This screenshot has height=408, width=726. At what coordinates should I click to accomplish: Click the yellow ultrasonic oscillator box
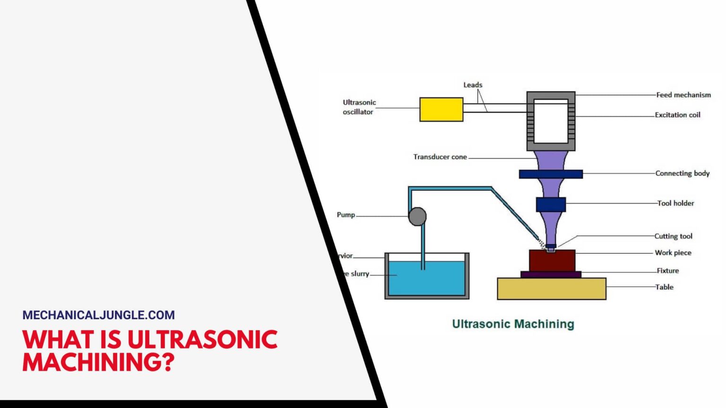point(441,110)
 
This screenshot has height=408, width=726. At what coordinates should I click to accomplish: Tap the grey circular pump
point(417,217)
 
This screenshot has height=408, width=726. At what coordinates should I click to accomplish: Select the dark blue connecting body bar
point(551,174)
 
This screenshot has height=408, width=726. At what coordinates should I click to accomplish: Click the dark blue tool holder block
point(551,204)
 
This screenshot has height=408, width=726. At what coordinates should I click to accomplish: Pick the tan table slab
point(551,289)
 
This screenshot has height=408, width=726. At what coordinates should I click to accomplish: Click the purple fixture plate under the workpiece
point(551,274)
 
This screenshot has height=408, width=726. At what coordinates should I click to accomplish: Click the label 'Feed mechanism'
point(683,95)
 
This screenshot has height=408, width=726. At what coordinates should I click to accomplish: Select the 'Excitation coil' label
point(677,115)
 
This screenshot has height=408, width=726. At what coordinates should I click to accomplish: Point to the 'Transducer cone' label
point(440,157)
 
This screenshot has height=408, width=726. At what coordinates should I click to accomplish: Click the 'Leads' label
point(473,85)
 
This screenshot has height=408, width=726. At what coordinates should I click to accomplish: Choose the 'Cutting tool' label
point(673,236)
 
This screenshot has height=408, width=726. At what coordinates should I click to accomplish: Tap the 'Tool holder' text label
point(675,203)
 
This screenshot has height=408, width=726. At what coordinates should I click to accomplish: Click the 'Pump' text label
point(346,215)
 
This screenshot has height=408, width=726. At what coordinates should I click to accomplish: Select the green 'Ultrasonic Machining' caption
point(513,324)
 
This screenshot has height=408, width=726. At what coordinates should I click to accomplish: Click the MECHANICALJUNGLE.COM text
point(98,315)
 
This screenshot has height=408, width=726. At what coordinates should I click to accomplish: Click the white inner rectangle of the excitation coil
point(551,121)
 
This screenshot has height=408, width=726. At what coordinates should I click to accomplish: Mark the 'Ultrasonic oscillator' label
point(359,107)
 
